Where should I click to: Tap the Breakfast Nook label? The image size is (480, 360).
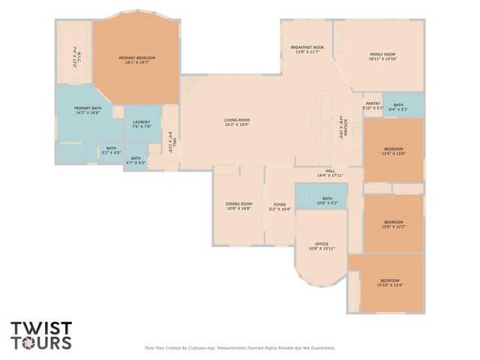pyautogui.click(x=307, y=49)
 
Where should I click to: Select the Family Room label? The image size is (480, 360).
pyautogui.click(x=382, y=57)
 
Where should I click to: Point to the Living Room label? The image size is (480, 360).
pyautogui.click(x=237, y=122)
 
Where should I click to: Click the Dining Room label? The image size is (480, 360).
pyautogui.click(x=239, y=206)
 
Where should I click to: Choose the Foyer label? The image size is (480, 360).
pyautogui.click(x=280, y=206)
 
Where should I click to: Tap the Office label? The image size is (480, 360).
pyautogui.click(x=322, y=245)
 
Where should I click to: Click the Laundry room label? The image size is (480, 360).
pyautogui.click(x=142, y=124)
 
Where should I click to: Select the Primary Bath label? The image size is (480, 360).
pyautogui.click(x=88, y=110)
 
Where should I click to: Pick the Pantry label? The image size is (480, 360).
pyautogui.click(x=373, y=106)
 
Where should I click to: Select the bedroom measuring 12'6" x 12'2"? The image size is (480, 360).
pyautogui.click(x=394, y=223)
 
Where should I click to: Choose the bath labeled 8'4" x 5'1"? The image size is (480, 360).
pyautogui.click(x=398, y=106)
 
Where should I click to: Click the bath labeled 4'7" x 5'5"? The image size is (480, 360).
pyautogui.click(x=136, y=160)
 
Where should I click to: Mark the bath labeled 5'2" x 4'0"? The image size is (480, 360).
pyautogui.click(x=111, y=150)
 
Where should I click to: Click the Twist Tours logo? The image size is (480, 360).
pyautogui.click(x=41, y=335)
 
